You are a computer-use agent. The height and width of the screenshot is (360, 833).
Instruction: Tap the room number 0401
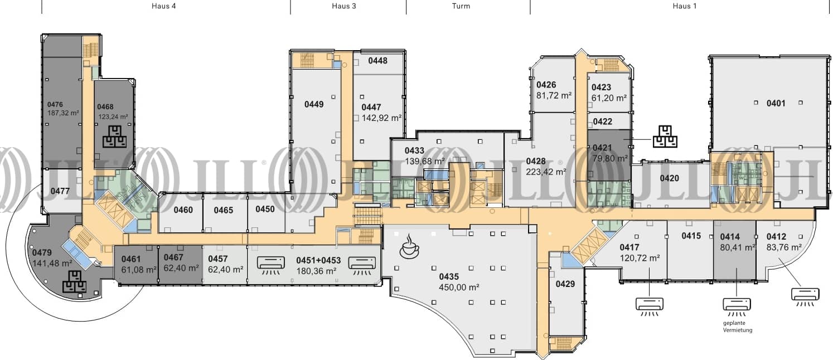776,103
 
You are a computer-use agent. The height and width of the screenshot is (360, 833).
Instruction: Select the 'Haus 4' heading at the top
163,6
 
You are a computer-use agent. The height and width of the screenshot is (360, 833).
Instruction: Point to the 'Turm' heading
461,6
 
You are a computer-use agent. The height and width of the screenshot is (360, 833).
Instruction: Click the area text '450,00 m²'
459,287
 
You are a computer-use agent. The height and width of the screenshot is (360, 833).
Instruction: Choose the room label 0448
378,61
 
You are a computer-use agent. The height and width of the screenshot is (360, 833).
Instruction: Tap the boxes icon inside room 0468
114,137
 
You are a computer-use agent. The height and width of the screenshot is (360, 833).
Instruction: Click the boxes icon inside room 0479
74,281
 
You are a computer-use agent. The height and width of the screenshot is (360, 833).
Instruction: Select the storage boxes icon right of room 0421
665,137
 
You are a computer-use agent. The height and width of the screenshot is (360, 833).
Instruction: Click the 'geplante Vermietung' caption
738,327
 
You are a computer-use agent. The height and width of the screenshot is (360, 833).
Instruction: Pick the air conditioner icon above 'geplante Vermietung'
737,307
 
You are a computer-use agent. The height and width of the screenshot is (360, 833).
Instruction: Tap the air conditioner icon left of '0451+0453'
271,265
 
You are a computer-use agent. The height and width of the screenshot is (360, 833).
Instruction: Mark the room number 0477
60,191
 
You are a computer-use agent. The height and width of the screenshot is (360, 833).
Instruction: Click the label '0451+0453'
318,260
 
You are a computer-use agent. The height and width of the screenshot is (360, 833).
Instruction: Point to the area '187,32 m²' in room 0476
63,113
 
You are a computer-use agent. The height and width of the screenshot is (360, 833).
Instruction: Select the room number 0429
565,284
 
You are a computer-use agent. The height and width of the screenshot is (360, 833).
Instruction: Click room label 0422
602,121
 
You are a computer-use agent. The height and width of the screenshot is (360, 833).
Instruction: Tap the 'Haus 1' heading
685,6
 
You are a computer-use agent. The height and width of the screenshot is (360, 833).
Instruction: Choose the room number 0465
224,210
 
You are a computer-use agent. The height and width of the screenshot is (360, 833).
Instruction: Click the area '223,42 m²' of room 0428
546,172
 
